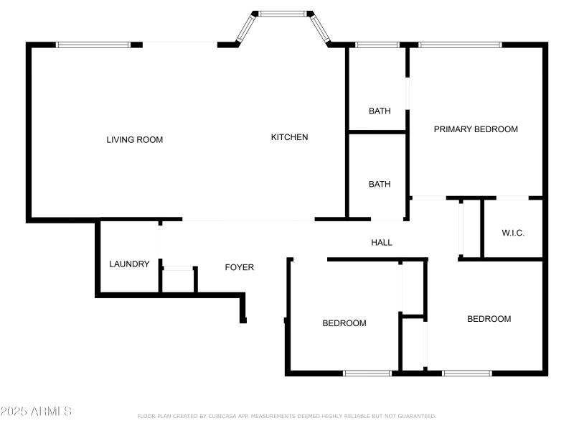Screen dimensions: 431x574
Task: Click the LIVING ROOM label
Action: click(135, 139)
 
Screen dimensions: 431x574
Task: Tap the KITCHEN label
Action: click(289, 137)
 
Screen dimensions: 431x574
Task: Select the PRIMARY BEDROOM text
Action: click(476, 129)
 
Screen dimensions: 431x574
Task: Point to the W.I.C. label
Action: click(513, 233)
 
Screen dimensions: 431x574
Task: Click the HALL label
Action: click(382, 243)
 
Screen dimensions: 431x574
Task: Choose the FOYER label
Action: click(240, 267)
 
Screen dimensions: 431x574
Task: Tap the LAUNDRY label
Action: click(129, 264)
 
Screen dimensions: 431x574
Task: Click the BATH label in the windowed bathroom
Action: click(380, 111)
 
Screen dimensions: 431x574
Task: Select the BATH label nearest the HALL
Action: click(380, 184)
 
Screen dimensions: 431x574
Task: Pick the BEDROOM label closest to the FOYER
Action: click(344, 323)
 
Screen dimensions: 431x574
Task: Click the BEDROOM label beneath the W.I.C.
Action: click(489, 319)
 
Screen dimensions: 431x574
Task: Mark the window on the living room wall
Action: click(93, 45)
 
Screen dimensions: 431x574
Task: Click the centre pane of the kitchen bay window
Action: click(282, 13)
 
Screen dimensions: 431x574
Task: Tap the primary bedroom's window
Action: click(460, 45)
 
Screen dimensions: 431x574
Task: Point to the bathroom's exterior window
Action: click(377, 45)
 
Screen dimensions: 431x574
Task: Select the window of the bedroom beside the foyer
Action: click(367, 373)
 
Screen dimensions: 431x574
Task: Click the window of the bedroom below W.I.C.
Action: click(466, 373)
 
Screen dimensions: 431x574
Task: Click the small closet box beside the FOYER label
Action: click(178, 279)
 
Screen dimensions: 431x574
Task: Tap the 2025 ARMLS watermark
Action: click(36, 412)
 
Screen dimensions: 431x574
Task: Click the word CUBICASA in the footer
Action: click(220, 416)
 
